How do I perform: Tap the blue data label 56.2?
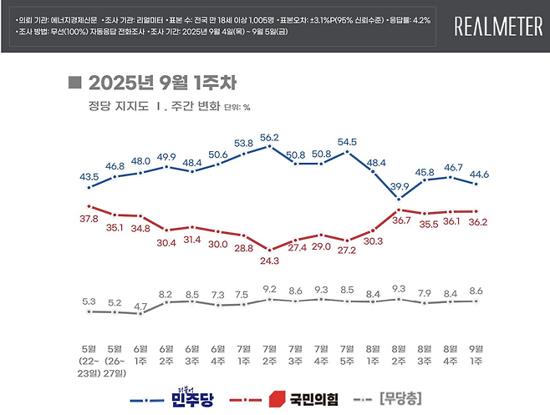[270, 138]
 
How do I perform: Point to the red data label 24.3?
[270, 260]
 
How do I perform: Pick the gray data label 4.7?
[140, 306]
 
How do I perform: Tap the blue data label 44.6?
[477, 174]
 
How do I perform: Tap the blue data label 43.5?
[88, 176]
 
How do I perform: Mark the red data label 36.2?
[477, 223]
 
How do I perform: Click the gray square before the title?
[74, 82]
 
